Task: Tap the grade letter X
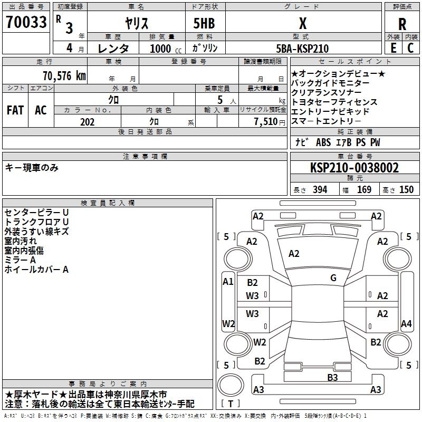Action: tap(302, 23)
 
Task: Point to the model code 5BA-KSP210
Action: tap(302, 49)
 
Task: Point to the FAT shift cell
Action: tap(15, 110)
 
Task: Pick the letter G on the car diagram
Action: tap(333, 278)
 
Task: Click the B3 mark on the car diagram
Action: tap(332, 377)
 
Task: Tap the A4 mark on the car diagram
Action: tap(406, 323)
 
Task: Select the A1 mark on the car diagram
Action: tap(228, 282)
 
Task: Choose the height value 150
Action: tap(406, 190)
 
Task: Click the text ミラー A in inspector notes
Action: tap(20, 260)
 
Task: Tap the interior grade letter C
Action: tap(410, 49)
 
